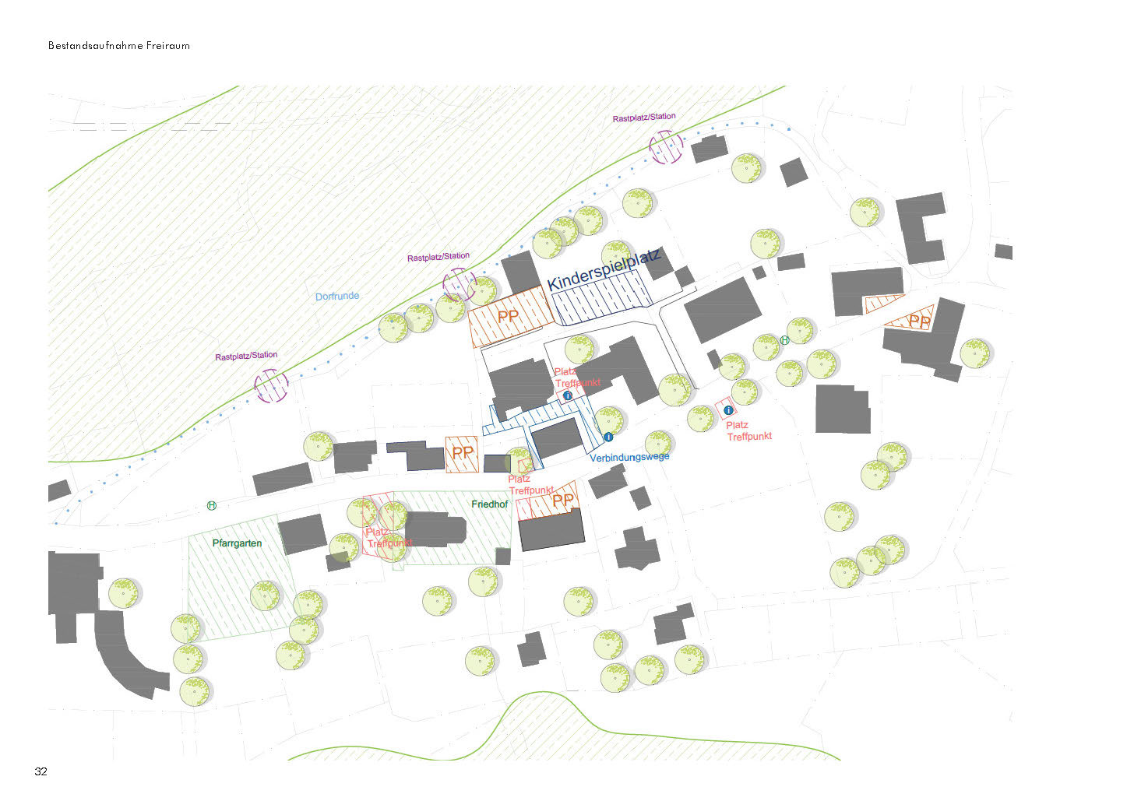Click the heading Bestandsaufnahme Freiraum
click(118, 46)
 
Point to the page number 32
click(40, 771)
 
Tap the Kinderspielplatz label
click(604, 269)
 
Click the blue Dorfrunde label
click(337, 297)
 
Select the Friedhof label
click(489, 504)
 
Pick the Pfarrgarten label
click(237, 543)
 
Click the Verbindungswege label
click(629, 457)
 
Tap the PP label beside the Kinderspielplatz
click(508, 316)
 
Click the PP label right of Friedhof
click(562, 501)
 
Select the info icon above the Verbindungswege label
click(608, 437)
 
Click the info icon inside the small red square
click(728, 410)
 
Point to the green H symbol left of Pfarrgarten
click(211, 506)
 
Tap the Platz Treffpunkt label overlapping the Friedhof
click(388, 538)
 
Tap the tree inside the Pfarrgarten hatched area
click(265, 595)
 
